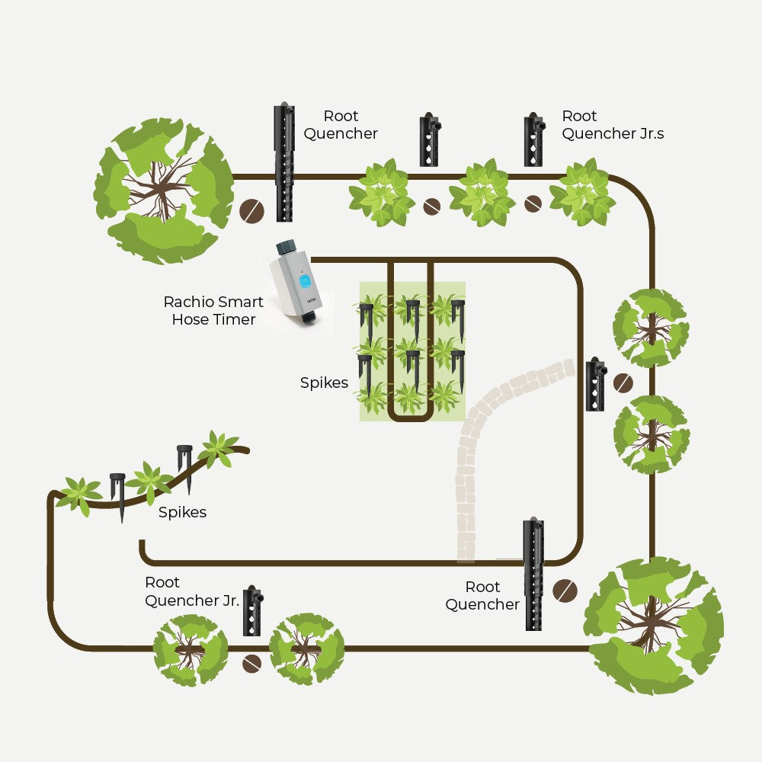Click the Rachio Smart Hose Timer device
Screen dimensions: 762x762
pos(297,283)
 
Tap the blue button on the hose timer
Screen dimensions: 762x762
pos(305,280)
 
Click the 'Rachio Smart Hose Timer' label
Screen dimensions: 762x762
pos(213,311)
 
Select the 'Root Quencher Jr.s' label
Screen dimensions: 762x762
pos(613,124)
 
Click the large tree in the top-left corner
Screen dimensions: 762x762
pos(163,190)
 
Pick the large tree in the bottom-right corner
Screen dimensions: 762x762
pos(654,626)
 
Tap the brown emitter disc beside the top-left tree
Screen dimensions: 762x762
pos(251,211)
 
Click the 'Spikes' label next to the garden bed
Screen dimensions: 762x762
pos(324,383)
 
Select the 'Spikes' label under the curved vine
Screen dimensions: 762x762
pos(182,512)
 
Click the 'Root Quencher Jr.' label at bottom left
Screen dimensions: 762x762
pos(191,591)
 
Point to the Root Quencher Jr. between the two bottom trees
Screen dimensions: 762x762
pos(253,610)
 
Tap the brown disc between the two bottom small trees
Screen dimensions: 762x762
pos(251,664)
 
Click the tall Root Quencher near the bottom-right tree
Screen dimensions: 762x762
pos(533,574)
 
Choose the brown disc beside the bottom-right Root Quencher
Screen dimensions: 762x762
pos(565,591)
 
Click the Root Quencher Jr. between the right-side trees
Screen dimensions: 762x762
pos(596,384)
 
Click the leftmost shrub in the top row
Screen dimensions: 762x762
pos(382,193)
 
